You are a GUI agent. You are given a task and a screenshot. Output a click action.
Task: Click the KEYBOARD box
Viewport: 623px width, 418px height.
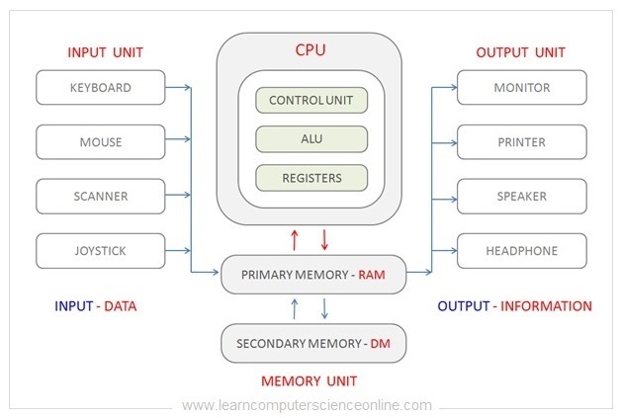100,88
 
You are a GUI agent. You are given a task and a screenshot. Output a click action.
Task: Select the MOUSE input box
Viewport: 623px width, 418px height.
100,142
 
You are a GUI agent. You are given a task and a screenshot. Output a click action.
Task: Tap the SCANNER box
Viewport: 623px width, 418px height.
100,197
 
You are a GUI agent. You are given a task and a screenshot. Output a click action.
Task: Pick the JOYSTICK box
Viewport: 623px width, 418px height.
100,251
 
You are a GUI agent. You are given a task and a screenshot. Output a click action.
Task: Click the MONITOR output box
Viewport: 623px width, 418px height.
521,88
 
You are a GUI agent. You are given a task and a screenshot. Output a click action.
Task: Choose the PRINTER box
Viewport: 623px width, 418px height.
521,142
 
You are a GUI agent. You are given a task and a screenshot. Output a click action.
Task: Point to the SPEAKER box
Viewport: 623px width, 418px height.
521,197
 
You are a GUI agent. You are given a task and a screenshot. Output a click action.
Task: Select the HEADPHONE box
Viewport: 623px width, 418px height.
521,251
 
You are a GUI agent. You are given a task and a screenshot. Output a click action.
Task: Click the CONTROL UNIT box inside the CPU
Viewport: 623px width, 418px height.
311,100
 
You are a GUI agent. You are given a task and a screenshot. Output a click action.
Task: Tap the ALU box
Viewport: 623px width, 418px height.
311,139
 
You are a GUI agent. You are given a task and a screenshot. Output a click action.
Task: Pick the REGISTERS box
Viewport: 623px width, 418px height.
311,179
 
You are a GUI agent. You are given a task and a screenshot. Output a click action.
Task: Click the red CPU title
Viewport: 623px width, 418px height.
311,48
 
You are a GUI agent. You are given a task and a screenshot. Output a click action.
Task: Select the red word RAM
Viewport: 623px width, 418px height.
371,275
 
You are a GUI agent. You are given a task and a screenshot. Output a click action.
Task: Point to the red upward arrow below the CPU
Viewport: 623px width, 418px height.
294,238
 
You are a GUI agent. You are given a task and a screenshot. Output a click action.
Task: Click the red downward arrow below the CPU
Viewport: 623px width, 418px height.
324,238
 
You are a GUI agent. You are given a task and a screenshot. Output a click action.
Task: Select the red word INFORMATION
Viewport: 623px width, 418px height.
546,306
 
